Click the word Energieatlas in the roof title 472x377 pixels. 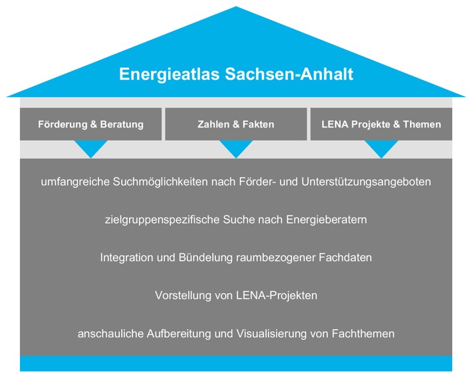pyautogui.click(x=169, y=74)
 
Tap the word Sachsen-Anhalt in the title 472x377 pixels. pyautogui.click(x=289, y=74)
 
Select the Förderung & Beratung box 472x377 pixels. pyautogui.click(x=90, y=124)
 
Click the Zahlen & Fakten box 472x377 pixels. pyautogui.click(x=236, y=124)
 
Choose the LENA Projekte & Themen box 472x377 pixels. pyautogui.click(x=381, y=124)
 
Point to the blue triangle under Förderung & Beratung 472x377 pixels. pyautogui.click(x=91, y=148)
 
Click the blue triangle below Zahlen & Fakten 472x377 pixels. pyautogui.click(x=236, y=148)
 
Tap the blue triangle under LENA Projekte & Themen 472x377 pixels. pyautogui.click(x=382, y=148)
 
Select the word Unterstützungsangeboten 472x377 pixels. pyautogui.click(x=366, y=182)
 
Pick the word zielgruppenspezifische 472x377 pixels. pyautogui.click(x=162, y=220)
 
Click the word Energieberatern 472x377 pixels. pyautogui.click(x=326, y=220)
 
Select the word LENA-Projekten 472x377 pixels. pyautogui.click(x=277, y=295)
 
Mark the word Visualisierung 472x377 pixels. pyautogui.click(x=271, y=334)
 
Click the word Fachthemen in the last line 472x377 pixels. pyautogui.click(x=363, y=334)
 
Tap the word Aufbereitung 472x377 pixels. pyautogui.click(x=179, y=334)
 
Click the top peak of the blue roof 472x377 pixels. pyautogui.click(x=236, y=7)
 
